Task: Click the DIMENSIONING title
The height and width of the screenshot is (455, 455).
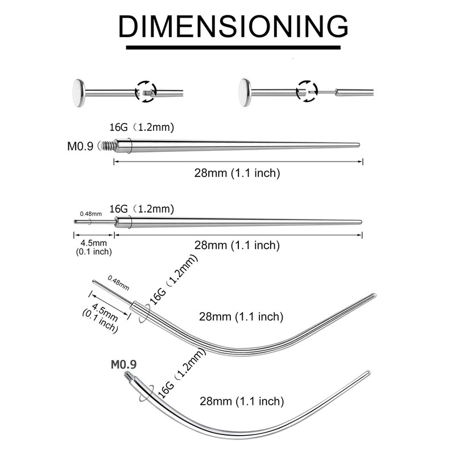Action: click(x=233, y=26)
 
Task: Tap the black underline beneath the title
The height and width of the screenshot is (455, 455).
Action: click(x=233, y=47)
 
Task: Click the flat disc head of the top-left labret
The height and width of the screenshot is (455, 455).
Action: click(x=78, y=93)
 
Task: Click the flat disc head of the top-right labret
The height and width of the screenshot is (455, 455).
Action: click(x=245, y=93)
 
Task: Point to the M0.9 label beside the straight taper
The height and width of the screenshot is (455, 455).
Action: click(x=80, y=146)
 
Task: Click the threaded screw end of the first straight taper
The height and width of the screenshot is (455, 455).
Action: click(x=106, y=145)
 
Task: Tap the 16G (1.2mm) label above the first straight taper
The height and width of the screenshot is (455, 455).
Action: click(x=142, y=127)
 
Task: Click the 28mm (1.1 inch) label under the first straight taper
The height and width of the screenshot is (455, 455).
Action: click(x=237, y=173)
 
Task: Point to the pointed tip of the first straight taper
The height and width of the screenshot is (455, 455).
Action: click(x=359, y=145)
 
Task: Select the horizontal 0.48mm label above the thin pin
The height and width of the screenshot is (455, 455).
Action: click(x=91, y=214)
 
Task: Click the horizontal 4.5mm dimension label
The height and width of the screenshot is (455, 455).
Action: click(x=93, y=243)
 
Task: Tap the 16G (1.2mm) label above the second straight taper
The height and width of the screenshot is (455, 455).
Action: click(x=142, y=209)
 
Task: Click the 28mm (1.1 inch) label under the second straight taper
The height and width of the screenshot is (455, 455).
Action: click(x=237, y=245)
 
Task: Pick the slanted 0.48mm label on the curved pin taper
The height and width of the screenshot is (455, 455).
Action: click(x=118, y=283)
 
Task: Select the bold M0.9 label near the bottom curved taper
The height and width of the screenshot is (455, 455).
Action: click(x=123, y=365)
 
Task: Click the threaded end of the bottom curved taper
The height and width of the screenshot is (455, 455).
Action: click(x=128, y=376)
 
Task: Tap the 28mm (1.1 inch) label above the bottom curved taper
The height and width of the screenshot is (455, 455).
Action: click(x=242, y=402)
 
